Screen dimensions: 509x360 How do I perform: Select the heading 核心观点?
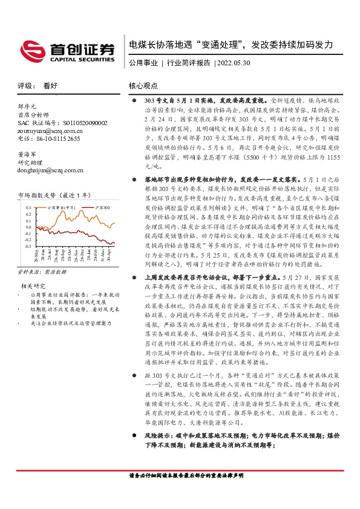pos(143,86)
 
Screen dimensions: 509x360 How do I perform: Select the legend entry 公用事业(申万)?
pos(62,207)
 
